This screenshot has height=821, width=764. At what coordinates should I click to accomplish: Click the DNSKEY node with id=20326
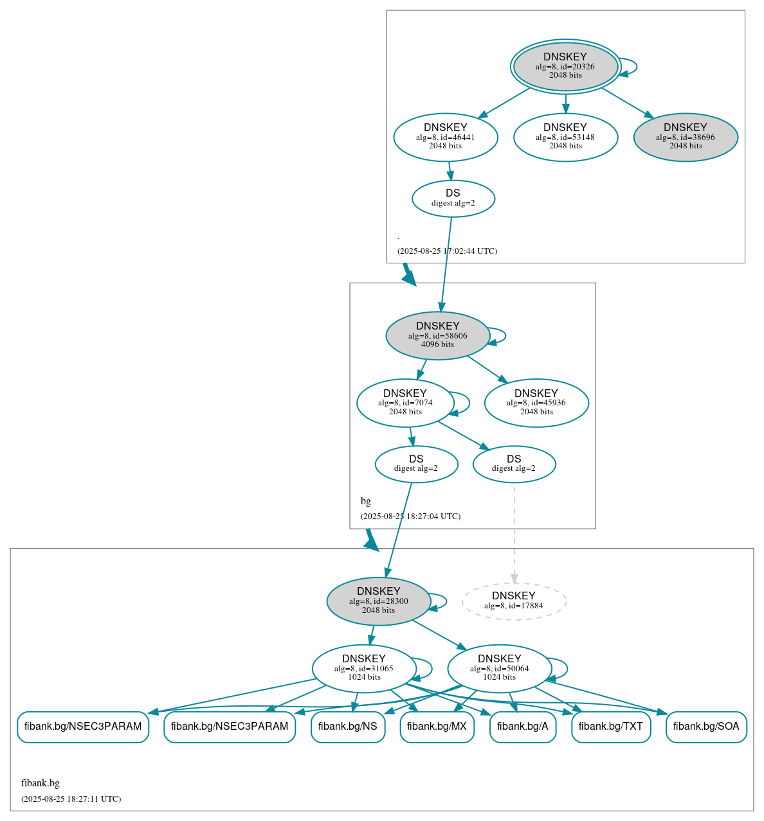coord(565,66)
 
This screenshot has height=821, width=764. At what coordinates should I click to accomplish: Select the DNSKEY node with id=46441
coord(446,137)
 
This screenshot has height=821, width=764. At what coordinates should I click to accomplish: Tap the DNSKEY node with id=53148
coord(565,137)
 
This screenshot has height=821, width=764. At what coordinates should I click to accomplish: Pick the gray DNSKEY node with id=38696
coord(686,137)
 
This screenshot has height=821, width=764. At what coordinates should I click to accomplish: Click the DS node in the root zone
coord(453,199)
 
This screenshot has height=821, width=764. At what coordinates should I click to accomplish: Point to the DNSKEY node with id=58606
coord(438,335)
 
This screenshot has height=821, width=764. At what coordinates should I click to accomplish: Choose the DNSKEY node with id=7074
coord(405,403)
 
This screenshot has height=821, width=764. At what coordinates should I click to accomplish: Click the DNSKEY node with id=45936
coord(536,403)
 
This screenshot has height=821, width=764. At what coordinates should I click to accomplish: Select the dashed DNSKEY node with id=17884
coord(514,601)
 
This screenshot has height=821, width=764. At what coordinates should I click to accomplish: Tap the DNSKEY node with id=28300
coord(379,601)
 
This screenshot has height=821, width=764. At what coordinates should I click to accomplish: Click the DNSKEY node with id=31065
coord(364,668)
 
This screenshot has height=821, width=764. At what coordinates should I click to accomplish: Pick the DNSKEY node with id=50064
coord(500,668)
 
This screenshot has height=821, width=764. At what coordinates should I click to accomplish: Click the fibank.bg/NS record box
coord(348,727)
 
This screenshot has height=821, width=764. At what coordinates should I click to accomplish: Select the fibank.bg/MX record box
coord(437,727)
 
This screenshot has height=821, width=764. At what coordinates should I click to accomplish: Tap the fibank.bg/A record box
coord(523,727)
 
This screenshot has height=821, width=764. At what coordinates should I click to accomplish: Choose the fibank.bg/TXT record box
coord(611,727)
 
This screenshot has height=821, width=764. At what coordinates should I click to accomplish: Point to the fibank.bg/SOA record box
coord(706,727)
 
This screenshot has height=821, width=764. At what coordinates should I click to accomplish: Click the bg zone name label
coord(366,501)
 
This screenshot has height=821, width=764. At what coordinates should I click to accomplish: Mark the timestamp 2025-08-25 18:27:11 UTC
coord(71,799)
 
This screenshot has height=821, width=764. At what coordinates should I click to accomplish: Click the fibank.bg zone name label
coord(41,783)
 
